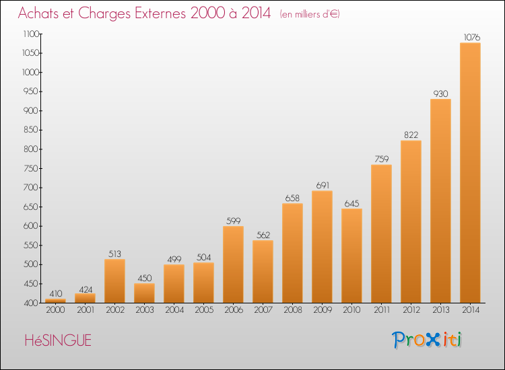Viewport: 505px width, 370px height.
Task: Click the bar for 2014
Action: [470, 173]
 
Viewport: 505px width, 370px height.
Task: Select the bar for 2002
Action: [114, 281]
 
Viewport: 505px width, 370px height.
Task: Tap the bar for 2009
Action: [322, 247]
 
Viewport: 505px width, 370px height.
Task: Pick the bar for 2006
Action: [233, 264]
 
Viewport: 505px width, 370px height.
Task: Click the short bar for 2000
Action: [55, 301]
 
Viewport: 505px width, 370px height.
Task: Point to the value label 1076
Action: [472, 37]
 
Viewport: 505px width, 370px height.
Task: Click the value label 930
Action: [440, 94]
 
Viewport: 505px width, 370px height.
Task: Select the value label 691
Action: [323, 185]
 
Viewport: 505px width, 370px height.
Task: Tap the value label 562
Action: [263, 235]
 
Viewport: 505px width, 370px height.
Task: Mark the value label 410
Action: [56, 293]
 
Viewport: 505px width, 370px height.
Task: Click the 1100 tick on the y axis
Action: [31, 34]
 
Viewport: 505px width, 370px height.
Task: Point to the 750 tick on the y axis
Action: [31, 168]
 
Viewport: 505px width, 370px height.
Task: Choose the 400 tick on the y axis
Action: [31, 303]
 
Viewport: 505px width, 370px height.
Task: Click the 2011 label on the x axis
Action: [382, 310]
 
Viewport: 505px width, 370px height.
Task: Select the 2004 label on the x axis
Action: [174, 310]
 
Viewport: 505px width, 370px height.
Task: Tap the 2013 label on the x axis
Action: [441, 310]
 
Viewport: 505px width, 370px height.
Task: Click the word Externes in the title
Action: [160, 13]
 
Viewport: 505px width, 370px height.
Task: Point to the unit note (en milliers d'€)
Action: [310, 14]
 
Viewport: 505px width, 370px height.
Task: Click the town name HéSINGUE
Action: [58, 340]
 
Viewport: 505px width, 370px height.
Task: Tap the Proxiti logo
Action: [427, 340]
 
